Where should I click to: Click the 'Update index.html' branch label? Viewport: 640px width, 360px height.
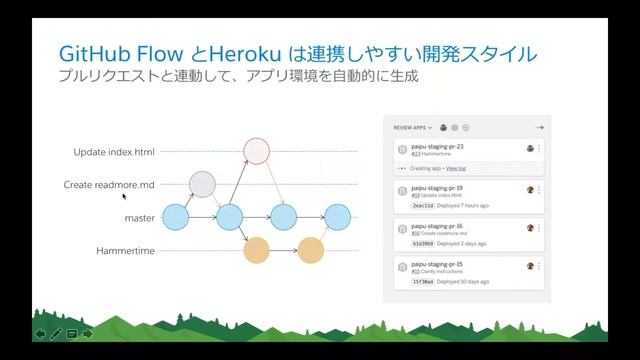pyautogui.click(x=114, y=152)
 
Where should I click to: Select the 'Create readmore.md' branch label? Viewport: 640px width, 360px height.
pyautogui.click(x=109, y=185)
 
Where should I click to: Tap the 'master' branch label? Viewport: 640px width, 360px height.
pyautogui.click(x=139, y=218)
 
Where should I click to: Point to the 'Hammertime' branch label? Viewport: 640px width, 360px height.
pyautogui.click(x=125, y=251)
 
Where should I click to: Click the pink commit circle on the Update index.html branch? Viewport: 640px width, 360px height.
pyautogui.click(x=257, y=152)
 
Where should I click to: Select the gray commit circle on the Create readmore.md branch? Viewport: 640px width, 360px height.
pyautogui.click(x=202, y=184)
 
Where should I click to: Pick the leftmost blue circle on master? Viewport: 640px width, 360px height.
pyautogui.click(x=175, y=217)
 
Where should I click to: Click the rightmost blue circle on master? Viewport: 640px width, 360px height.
pyautogui.click(x=338, y=217)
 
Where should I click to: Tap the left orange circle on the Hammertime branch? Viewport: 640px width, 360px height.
pyautogui.click(x=257, y=250)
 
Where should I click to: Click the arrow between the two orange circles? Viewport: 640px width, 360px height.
pyautogui.click(x=284, y=250)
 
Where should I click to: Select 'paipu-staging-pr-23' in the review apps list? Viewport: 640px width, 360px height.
pyautogui.click(x=437, y=146)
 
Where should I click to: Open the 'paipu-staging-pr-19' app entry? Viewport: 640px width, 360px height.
pyautogui.click(x=437, y=187)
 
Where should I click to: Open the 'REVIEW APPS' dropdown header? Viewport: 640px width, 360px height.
pyautogui.click(x=413, y=128)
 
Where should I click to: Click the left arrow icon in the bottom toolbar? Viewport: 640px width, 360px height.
pyautogui.click(x=40, y=334)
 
